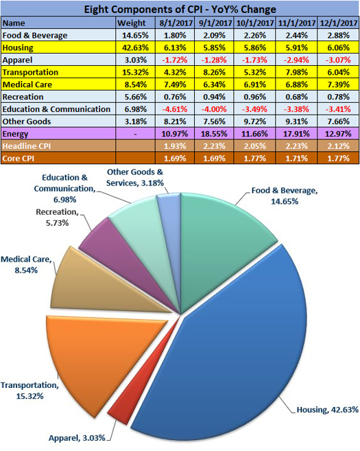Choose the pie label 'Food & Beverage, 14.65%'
[x=285, y=196]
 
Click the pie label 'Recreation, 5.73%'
[x=57, y=218]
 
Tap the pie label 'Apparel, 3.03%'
[x=77, y=438]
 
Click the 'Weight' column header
[x=132, y=23]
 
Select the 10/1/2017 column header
[x=255, y=23]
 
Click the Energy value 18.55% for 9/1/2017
[x=215, y=134]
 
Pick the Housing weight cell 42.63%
[x=135, y=47]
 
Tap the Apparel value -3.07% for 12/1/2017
[x=338, y=60]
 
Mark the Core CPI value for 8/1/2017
[x=175, y=159]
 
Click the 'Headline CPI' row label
[x=27, y=146]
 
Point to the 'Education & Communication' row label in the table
[x=56, y=109]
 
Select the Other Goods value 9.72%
[x=255, y=122]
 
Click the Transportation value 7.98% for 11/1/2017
[x=296, y=72]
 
